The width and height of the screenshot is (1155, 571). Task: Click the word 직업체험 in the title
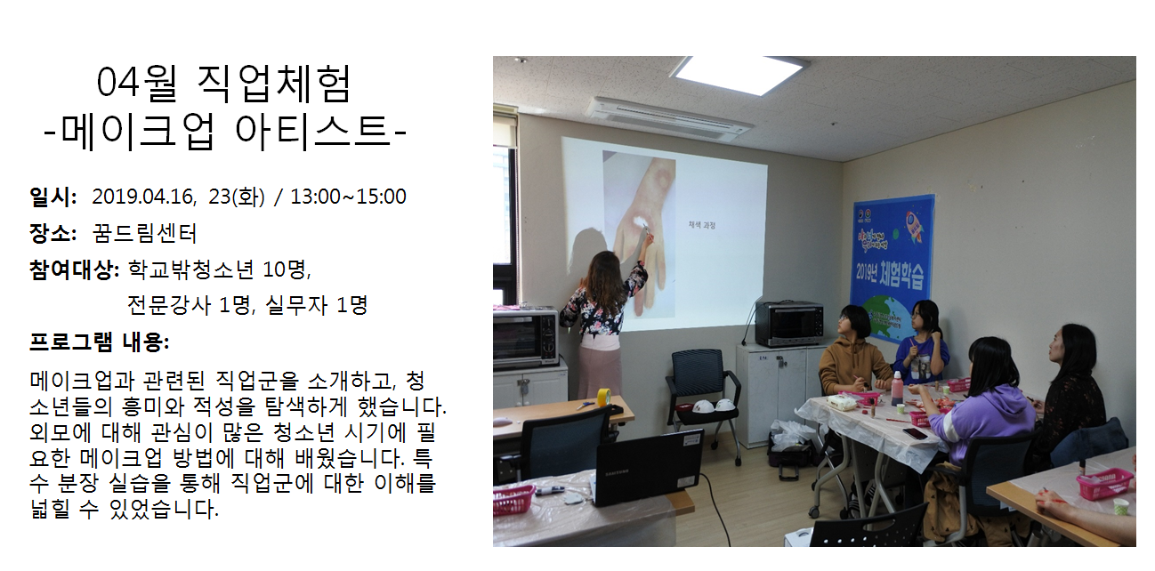[274, 84]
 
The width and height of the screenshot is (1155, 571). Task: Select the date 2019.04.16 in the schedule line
[144, 197]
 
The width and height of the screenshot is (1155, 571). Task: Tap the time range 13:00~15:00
[348, 197]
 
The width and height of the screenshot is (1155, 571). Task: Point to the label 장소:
[53, 233]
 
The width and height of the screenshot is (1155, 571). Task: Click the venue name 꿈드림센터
[145, 233]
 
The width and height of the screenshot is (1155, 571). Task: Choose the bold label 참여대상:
[75, 269]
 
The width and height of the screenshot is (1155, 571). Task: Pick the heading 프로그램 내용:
[99, 342]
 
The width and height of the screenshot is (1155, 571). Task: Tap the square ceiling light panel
[741, 76]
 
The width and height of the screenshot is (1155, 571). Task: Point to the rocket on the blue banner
[915, 226]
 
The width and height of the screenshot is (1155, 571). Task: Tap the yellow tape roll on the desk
[604, 398]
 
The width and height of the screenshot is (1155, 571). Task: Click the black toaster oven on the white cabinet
[789, 323]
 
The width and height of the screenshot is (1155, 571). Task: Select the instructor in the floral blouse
[602, 324]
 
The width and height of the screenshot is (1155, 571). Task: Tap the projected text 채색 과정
[702, 225]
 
